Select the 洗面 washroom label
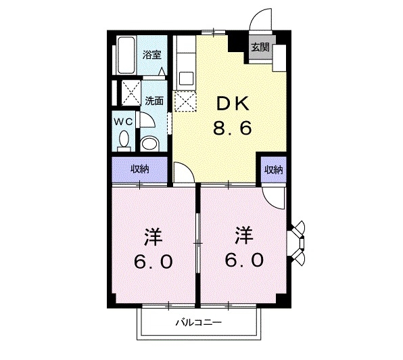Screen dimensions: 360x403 coord(154,101)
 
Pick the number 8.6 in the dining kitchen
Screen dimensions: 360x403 coord(233,128)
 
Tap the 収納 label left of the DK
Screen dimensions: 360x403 coord(140,169)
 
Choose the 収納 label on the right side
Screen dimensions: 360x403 coord(272,169)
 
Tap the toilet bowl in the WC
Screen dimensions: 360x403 coord(123,139)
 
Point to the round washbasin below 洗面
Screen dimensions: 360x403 coord(149,142)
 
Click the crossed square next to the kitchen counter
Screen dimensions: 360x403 coord(184,102)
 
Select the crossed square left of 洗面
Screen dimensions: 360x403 coord(131,91)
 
